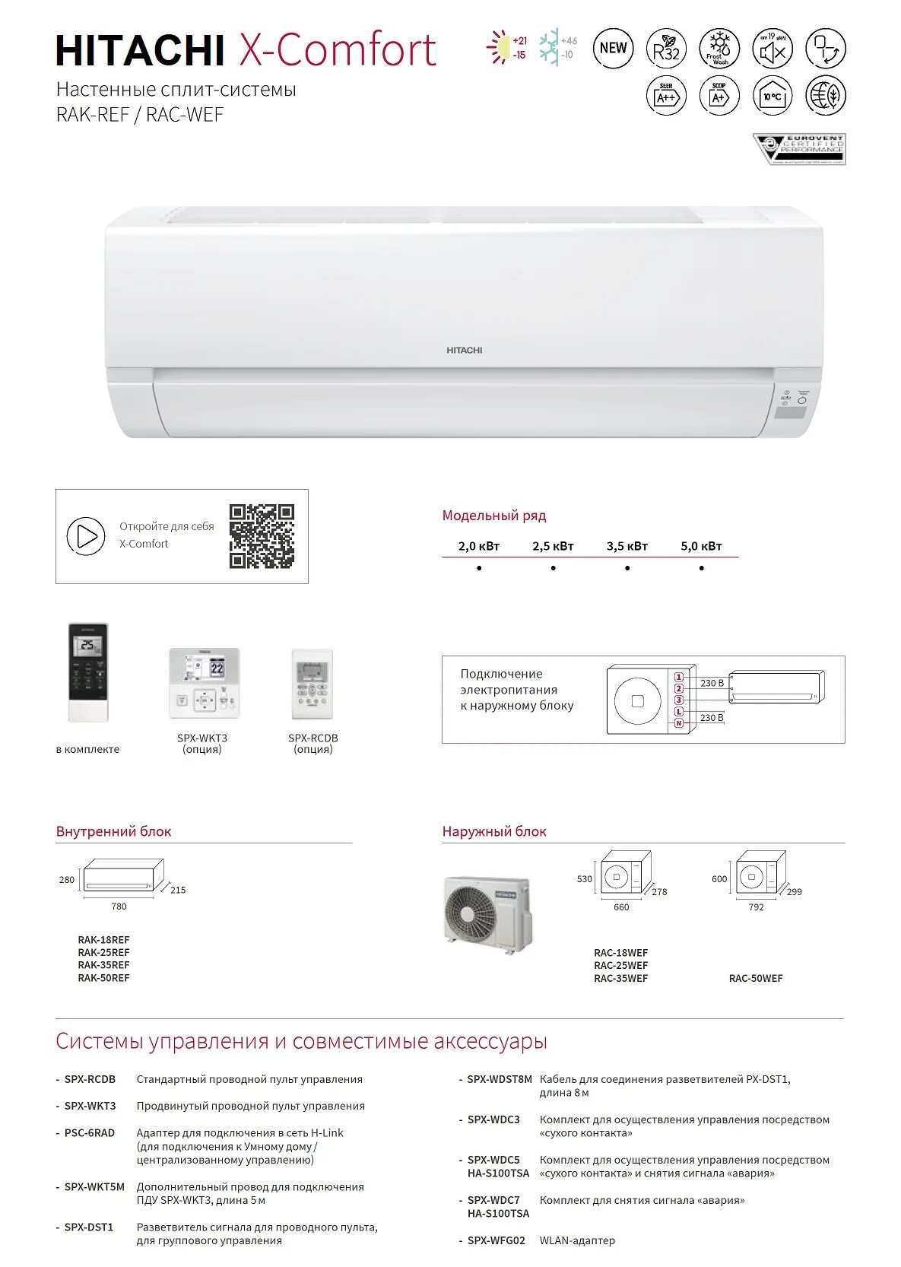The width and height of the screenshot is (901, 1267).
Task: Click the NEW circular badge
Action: point(613,48)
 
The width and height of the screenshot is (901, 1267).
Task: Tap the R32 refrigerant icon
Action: point(666,49)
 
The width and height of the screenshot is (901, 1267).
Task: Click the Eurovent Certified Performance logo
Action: point(799,149)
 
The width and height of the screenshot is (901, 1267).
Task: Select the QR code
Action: point(262,536)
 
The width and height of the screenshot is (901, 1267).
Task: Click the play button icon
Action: point(86,536)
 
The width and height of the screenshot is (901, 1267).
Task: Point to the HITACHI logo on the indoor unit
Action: point(464,351)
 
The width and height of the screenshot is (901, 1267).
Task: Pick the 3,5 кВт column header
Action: point(627,546)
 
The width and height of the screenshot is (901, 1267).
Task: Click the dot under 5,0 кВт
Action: point(701,568)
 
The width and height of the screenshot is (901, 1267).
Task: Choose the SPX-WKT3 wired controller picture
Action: point(204,683)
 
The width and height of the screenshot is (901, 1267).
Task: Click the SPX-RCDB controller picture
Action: point(312,684)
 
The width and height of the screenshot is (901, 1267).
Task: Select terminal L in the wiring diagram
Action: point(679,712)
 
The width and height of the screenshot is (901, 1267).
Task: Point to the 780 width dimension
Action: point(119,907)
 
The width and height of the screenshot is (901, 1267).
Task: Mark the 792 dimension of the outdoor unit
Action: point(756,907)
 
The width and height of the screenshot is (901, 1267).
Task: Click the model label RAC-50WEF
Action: point(756,979)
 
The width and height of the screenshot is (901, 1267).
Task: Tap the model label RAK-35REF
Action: point(103,966)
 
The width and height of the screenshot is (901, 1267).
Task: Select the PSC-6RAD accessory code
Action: point(90,1133)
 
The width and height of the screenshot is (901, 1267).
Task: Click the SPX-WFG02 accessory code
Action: point(496,1240)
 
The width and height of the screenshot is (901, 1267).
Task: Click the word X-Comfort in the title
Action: point(338,50)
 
